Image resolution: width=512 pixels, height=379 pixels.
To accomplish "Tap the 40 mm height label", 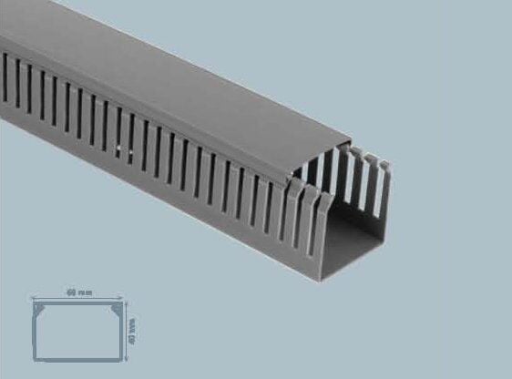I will point(132,323).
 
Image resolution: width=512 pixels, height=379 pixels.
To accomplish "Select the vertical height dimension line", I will point(127,328).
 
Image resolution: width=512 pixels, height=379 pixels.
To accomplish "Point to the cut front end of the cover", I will point(319,164).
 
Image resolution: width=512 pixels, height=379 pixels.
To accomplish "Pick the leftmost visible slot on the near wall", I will point(5,67).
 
